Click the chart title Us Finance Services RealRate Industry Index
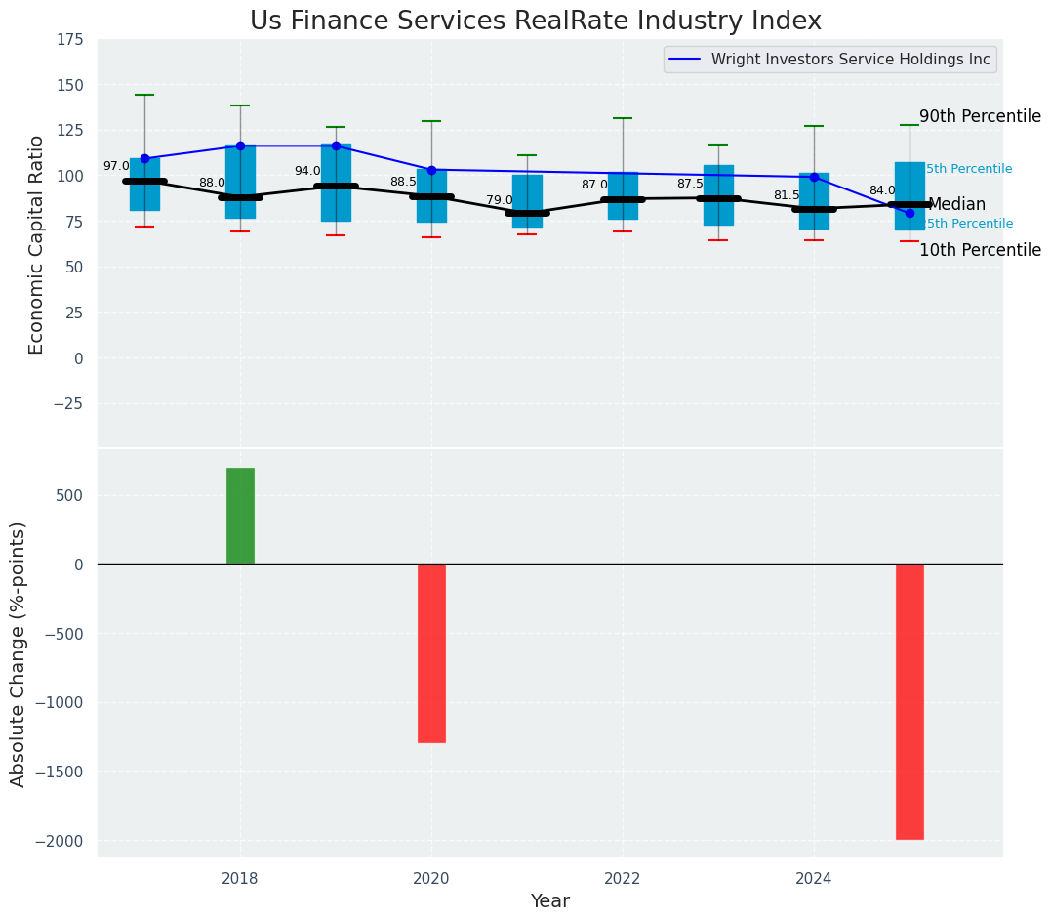[535, 21]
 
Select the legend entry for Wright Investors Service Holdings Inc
[850, 60]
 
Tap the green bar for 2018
[240, 516]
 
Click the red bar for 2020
[431, 652]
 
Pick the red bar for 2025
[910, 701]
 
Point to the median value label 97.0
[116, 166]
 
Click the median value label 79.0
[500, 200]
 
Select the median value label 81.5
[787, 195]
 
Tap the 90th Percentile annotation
[980, 116]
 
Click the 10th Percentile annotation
[980, 250]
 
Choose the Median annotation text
[956, 205]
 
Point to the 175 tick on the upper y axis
[69, 40]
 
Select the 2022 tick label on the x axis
[623, 878]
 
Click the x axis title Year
[549, 901]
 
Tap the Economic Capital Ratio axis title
[37, 244]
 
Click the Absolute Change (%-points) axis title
[19, 653]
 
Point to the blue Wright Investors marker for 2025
[910, 213]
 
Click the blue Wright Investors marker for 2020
[431, 170]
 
